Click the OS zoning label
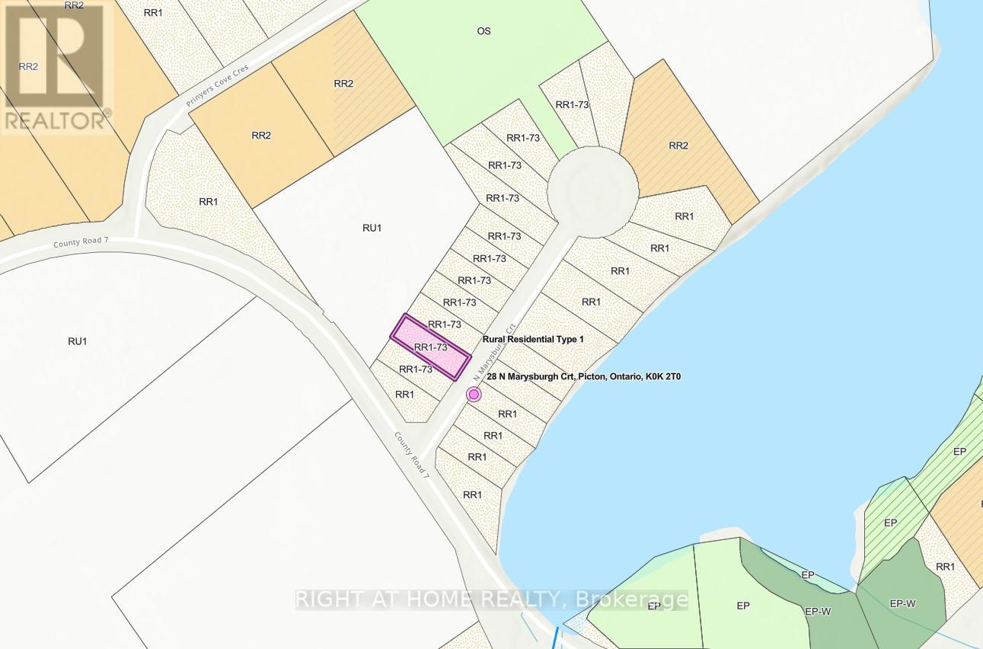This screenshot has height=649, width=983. (x=484, y=31)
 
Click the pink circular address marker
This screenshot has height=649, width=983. (x=474, y=394)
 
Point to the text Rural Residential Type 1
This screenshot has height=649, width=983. (x=533, y=339)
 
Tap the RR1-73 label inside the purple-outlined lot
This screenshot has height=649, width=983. (x=429, y=347)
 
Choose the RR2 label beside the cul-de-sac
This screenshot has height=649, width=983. (x=678, y=145)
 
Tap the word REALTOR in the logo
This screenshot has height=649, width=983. (x=56, y=120)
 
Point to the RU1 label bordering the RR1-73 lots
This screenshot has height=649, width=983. (x=372, y=228)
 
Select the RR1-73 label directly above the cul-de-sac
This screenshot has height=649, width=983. (x=573, y=105)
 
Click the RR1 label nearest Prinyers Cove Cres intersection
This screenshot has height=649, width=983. (x=209, y=202)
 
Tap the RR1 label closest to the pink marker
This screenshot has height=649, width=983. (x=507, y=414)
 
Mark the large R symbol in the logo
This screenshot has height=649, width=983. (x=55, y=57)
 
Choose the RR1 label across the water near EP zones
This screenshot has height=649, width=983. (x=945, y=567)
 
